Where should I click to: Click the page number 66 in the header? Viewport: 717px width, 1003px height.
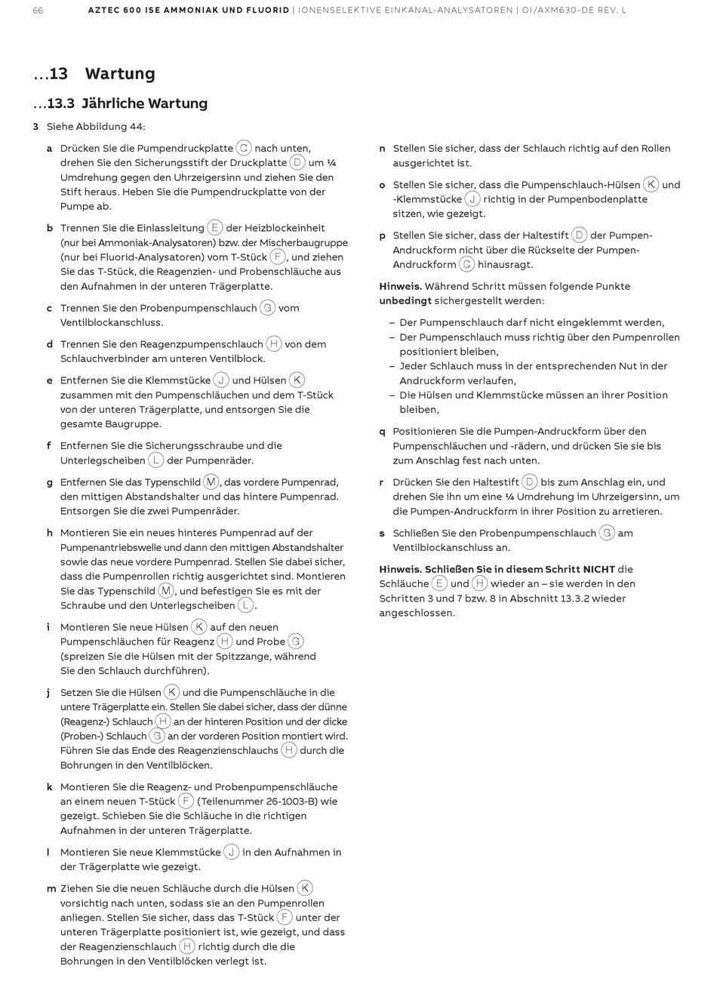click(x=38, y=11)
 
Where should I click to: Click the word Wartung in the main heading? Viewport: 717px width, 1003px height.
click(x=120, y=74)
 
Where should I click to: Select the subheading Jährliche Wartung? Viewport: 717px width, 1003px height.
click(x=144, y=103)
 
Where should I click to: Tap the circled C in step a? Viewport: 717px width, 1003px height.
click(x=244, y=148)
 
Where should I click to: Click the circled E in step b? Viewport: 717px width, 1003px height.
click(x=215, y=227)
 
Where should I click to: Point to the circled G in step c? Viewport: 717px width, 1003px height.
click(x=267, y=307)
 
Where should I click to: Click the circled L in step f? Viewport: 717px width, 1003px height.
click(x=156, y=460)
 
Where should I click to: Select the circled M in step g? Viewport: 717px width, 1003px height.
click(x=211, y=482)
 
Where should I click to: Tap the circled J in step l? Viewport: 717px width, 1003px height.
click(x=232, y=852)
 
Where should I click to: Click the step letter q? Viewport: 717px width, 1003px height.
click(x=383, y=432)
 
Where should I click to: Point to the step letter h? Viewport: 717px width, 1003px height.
click(x=50, y=533)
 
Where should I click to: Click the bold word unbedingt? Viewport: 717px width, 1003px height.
click(x=405, y=300)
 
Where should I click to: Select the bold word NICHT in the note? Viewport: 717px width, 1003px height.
click(x=599, y=569)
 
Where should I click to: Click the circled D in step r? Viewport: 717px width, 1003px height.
click(x=530, y=482)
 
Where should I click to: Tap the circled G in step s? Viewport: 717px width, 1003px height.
click(x=607, y=533)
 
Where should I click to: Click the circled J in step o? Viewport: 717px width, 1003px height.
click(x=472, y=198)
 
